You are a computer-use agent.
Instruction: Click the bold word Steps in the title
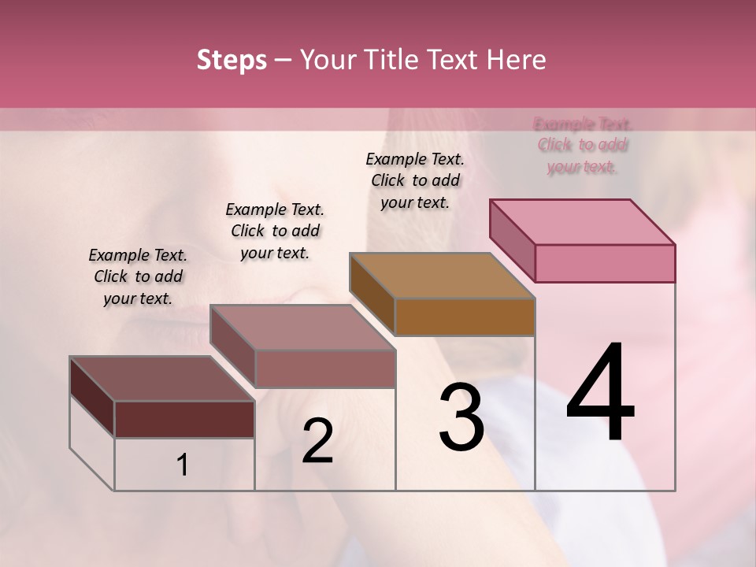232,60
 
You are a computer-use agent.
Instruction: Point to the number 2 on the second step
317,441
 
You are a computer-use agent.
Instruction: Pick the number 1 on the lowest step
183,465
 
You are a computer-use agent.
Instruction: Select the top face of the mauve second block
302,328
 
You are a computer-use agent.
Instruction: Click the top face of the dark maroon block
162,379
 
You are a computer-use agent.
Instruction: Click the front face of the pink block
605,263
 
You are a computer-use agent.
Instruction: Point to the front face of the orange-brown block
465,317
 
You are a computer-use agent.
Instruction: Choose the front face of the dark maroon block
184,419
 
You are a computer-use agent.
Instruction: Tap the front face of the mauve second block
324,369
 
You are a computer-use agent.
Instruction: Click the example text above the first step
138,277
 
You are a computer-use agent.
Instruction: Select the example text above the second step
275,232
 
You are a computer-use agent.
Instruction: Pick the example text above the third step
415,180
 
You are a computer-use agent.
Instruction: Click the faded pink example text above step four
583,145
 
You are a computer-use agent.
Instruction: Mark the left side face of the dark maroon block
92,396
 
